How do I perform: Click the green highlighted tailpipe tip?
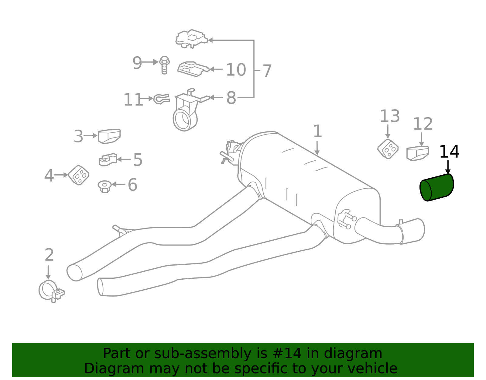point(437,187)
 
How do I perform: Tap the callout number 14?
point(449,152)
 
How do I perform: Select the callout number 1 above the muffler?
point(317,131)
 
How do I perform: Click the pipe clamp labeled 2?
point(50,291)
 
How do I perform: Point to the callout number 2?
point(49,255)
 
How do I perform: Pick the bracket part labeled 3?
point(109,136)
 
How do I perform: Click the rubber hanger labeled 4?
point(79,175)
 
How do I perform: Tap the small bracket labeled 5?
point(108,159)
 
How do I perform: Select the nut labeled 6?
point(104,186)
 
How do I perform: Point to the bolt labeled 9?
point(164,65)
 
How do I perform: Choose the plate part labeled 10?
point(193,69)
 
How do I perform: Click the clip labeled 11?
point(161,99)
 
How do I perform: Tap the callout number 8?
point(231,98)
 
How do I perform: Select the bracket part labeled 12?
point(418,153)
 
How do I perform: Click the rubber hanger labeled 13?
point(388,149)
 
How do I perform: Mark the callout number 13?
point(390,116)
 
